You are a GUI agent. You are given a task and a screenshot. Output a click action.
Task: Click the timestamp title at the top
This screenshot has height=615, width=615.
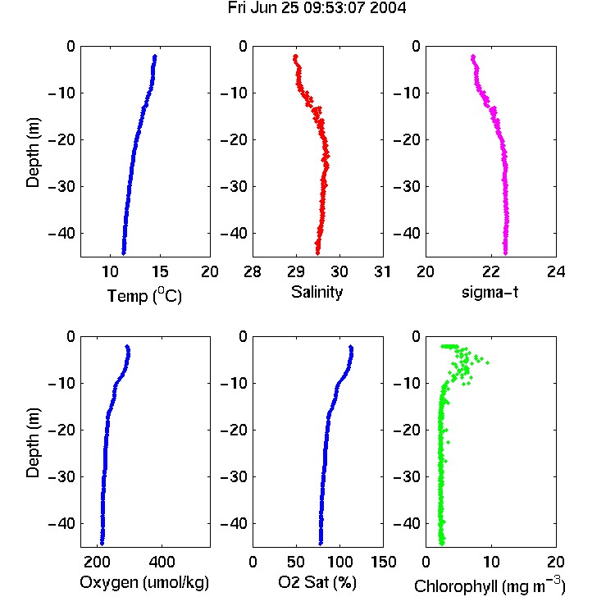coord(317,8)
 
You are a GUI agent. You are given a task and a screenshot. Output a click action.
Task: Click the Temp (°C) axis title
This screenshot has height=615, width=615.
coord(144,295)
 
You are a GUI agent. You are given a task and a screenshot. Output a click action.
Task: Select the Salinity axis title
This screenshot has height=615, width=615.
coord(317,293)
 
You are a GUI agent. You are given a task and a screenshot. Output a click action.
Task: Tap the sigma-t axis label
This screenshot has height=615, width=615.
coord(490,292)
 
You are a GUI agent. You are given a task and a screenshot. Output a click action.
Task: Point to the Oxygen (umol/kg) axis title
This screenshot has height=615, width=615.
coord(144,582)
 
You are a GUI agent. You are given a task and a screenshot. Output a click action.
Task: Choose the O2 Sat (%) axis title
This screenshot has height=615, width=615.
coord(317,582)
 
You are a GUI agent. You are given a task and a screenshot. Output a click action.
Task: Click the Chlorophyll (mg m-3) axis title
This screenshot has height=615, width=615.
coord(490,585)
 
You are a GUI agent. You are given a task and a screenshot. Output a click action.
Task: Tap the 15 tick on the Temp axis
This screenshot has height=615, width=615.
coord(160,271)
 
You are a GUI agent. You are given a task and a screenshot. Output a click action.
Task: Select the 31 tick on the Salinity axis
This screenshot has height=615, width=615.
coord(382,271)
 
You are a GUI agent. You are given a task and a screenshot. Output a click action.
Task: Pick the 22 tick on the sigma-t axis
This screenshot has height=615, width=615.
coord(490,271)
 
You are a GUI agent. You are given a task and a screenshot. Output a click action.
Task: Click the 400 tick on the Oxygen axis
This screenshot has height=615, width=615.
coord(162,562)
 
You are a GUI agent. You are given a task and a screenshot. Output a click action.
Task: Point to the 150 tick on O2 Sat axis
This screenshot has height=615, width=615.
coord(383,562)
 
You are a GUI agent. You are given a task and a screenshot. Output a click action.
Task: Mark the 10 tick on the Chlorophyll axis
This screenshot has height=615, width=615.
coord(490,562)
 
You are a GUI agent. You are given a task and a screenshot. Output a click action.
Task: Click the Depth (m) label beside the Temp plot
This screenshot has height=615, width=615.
coord(33,153)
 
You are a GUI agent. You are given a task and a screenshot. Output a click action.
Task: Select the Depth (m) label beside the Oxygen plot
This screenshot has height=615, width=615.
coord(33,443)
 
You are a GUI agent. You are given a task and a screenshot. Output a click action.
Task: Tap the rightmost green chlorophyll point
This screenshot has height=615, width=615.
coord(487,362)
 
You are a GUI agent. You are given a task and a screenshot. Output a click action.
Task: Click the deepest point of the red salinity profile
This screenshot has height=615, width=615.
coord(317,253)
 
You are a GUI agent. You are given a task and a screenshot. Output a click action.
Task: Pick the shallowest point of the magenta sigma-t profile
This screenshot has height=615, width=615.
coord(473,57)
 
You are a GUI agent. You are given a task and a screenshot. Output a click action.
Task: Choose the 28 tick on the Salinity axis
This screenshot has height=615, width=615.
coord(253,271)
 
